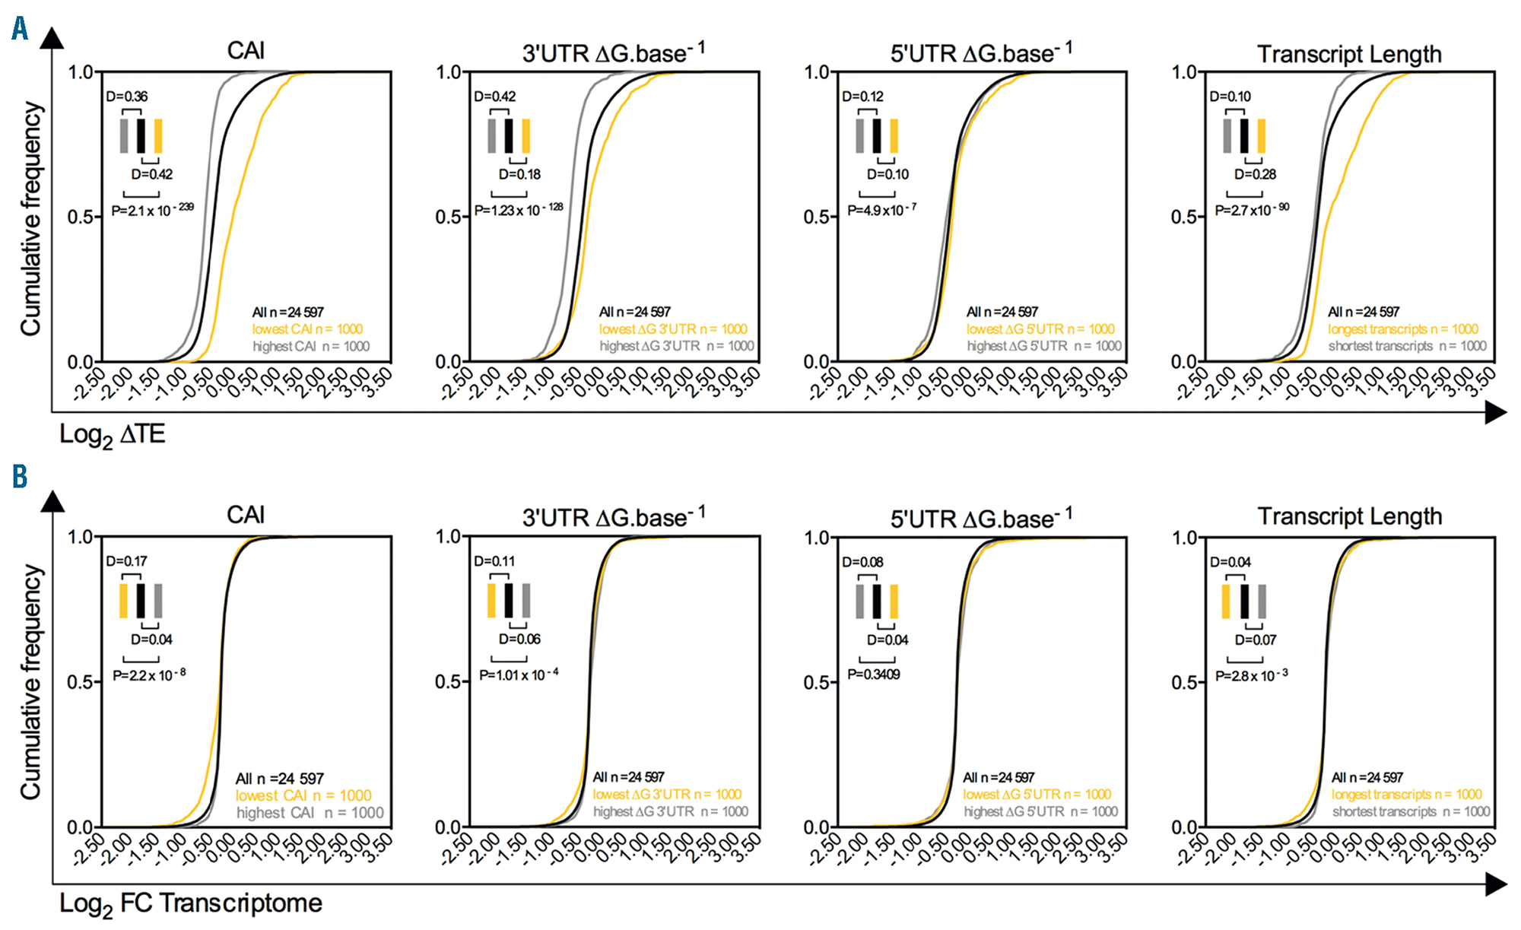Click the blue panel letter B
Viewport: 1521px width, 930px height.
pos(20,477)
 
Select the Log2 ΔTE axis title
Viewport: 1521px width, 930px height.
pos(112,435)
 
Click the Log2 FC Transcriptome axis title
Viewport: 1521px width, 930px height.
pos(190,904)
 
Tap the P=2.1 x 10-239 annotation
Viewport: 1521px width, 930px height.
pos(152,210)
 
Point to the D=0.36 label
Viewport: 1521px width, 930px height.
pos(127,97)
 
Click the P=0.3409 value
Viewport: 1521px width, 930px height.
pos(874,674)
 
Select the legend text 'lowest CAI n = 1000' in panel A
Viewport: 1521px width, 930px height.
pos(307,329)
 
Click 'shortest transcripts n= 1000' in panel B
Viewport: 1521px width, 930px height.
pos(1411,811)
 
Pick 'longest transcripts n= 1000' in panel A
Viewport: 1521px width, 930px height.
pos(1402,329)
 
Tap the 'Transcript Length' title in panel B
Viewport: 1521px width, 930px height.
pos(1349,516)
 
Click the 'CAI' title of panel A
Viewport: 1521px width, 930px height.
pos(246,51)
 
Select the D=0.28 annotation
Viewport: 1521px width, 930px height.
pos(1255,174)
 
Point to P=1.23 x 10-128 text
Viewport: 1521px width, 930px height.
pos(519,210)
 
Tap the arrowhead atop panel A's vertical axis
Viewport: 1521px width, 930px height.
pos(52,38)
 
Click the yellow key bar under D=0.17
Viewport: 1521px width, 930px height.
pos(123,601)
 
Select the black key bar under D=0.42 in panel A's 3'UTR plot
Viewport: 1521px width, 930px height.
pos(508,136)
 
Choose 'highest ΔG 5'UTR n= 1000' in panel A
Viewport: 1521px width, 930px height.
pos(1043,346)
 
